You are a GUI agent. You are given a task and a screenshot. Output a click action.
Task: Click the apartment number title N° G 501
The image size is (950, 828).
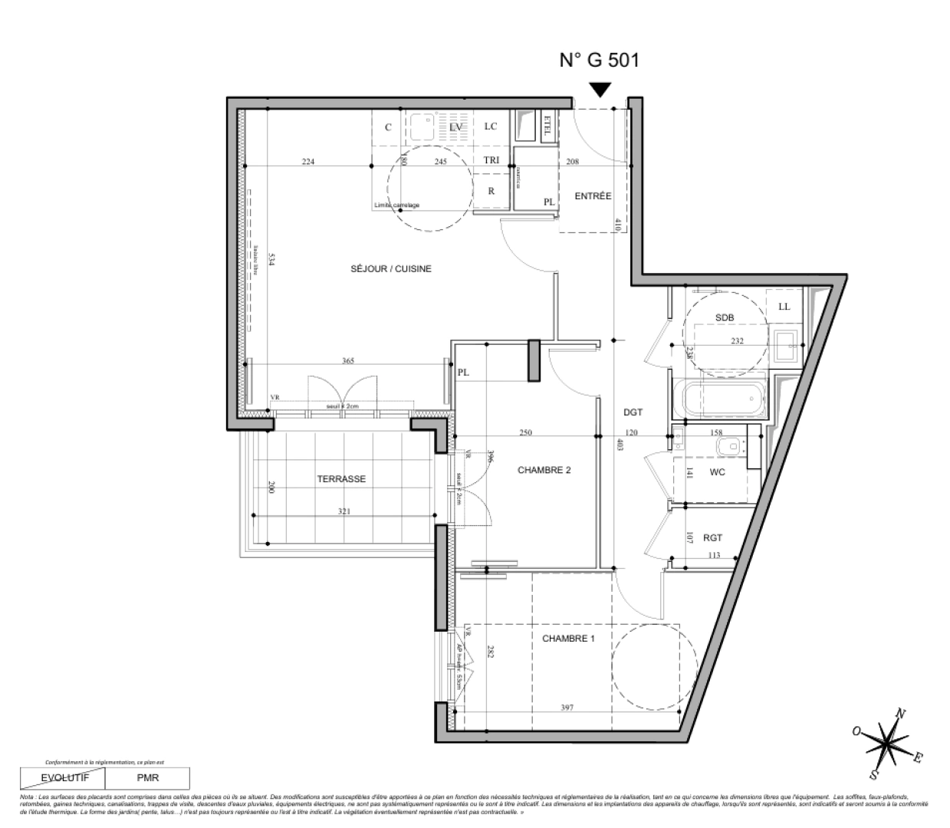[x=600, y=61]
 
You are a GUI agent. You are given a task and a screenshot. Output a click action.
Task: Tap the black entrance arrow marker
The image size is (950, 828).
[x=600, y=90]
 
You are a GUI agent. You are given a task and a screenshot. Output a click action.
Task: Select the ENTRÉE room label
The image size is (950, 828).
[x=593, y=196]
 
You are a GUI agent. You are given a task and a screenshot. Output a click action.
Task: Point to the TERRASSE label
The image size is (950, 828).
[x=341, y=479]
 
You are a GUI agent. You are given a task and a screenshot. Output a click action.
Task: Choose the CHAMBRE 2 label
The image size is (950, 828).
[x=544, y=471]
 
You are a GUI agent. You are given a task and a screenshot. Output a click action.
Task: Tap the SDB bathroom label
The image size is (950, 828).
[x=725, y=317]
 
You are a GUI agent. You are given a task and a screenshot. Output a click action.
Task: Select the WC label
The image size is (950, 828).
[x=716, y=472]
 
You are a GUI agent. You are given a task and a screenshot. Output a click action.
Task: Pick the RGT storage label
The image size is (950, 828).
[x=713, y=538]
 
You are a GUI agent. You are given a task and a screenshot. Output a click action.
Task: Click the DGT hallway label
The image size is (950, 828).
[x=633, y=412]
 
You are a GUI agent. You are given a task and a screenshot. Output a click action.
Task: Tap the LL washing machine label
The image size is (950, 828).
[x=784, y=307]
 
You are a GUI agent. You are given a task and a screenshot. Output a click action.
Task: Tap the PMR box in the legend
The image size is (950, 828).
[x=148, y=777]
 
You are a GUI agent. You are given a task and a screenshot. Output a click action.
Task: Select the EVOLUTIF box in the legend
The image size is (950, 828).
[x=65, y=777]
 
